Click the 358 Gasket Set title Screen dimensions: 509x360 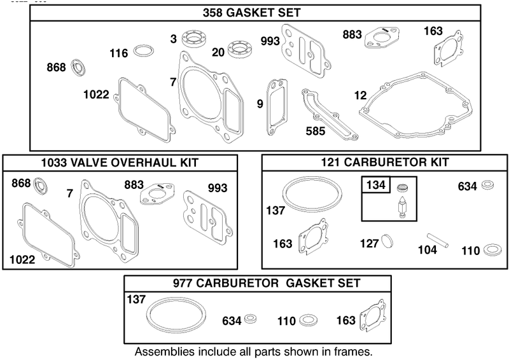(x=251, y=13)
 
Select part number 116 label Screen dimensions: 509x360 (x=119, y=53)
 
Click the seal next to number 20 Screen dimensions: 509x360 (x=239, y=50)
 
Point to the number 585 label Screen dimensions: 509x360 (x=315, y=131)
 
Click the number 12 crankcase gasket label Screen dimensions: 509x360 (x=360, y=95)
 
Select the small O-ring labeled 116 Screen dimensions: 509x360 (x=144, y=51)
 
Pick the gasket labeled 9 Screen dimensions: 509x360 (x=277, y=107)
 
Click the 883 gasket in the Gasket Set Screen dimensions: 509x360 (x=382, y=38)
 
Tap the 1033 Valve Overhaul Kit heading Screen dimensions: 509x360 (x=120, y=162)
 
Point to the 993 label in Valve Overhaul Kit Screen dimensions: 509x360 (x=218, y=188)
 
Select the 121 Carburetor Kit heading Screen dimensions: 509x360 (x=385, y=162)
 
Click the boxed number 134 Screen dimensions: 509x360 (x=376, y=185)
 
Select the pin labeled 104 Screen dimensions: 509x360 (x=438, y=240)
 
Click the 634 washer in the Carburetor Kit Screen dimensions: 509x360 (x=487, y=185)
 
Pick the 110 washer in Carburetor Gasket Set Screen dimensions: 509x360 (x=309, y=321)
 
